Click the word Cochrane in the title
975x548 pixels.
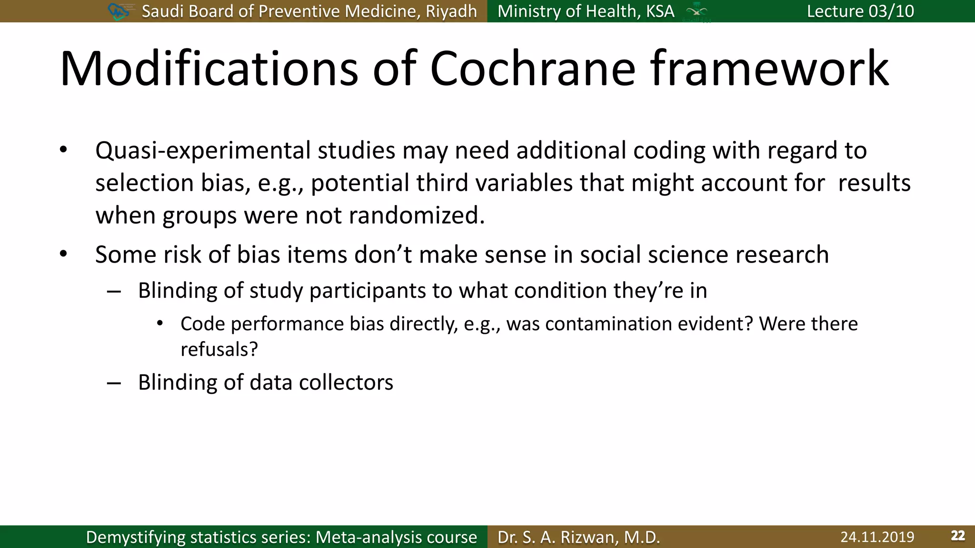[532, 69]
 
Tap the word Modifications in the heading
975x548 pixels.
[209, 69]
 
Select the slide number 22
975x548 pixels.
[958, 536]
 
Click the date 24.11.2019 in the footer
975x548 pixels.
[877, 537]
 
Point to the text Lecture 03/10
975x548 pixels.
[860, 11]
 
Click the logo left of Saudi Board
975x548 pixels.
[119, 11]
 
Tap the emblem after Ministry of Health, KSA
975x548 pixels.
[696, 12]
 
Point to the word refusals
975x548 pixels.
[219, 350]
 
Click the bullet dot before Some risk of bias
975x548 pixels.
[63, 254]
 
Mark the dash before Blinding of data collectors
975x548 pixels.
[114, 383]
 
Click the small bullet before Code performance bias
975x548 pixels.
[160, 324]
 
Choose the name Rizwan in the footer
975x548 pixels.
[589, 537]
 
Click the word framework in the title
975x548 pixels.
[769, 69]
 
